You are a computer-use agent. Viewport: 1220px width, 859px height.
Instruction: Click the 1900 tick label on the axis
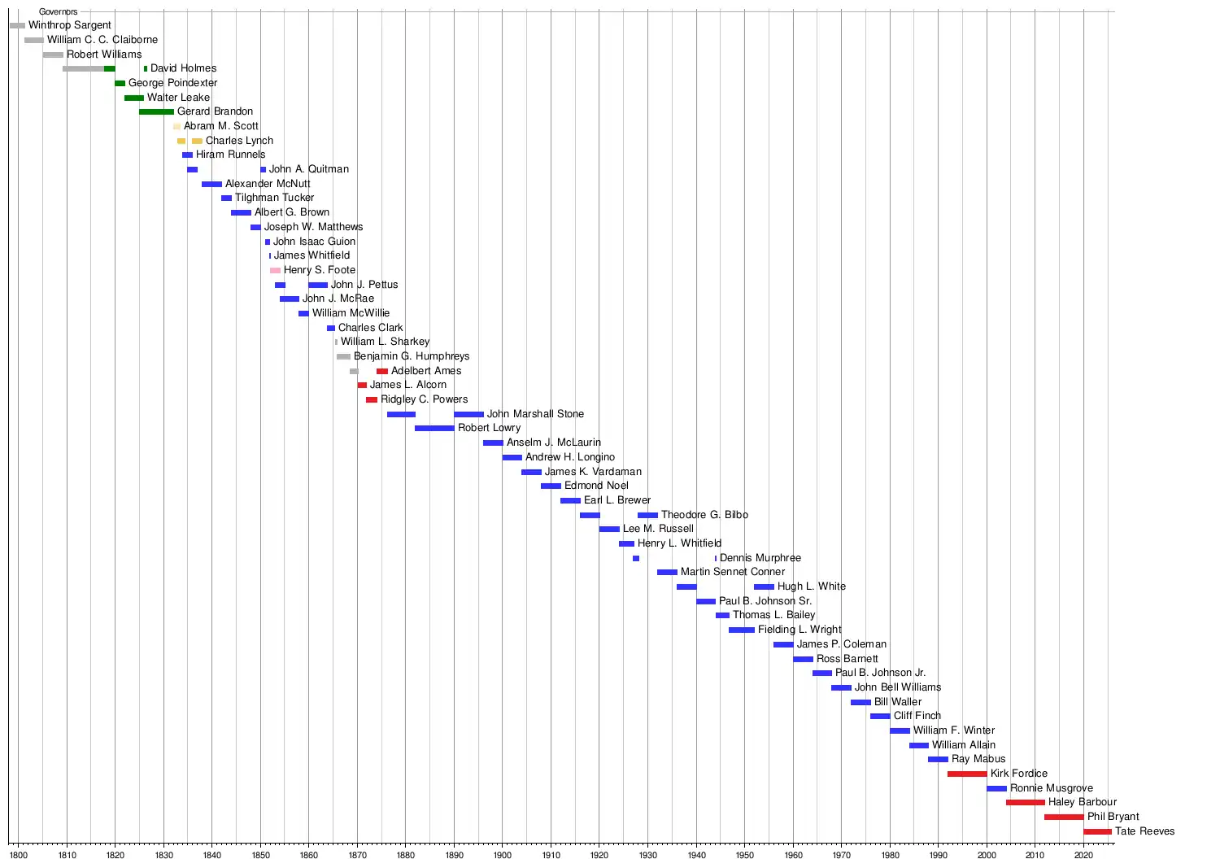[x=502, y=855]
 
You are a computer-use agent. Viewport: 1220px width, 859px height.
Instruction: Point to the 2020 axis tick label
[x=1083, y=855]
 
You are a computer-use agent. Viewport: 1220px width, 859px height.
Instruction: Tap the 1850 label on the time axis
[x=260, y=855]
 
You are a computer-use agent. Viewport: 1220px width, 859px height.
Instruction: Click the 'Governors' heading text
[x=59, y=11]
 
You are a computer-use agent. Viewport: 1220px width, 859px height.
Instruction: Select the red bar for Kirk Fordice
[x=967, y=774]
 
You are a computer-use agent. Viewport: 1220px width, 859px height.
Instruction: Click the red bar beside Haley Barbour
[x=1025, y=802]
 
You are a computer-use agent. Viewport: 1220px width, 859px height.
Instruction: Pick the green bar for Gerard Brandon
[x=156, y=111]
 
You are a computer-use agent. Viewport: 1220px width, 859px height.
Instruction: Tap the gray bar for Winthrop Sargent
[x=17, y=25]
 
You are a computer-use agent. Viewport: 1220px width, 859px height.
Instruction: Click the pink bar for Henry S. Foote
[x=275, y=270]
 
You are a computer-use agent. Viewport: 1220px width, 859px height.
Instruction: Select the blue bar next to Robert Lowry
[x=434, y=428]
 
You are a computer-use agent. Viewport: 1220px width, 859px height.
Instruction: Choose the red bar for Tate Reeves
[x=1097, y=831]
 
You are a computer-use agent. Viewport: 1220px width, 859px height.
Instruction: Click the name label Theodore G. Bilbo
[x=704, y=515]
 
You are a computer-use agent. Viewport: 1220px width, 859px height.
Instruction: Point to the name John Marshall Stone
[x=535, y=414]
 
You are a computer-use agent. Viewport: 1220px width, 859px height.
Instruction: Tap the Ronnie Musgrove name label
[x=1051, y=788]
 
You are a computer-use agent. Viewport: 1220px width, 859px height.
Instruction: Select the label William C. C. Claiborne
[x=102, y=40]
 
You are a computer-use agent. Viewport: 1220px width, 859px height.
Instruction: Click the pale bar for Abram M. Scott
[x=176, y=126]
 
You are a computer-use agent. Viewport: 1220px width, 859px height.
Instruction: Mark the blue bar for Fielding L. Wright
[x=741, y=630]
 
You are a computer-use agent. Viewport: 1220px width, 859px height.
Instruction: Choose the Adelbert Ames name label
[x=426, y=371]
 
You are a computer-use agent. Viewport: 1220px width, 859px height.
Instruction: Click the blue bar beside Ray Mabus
[x=938, y=759]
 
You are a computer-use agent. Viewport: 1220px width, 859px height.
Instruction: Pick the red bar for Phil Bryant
[x=1064, y=817]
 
